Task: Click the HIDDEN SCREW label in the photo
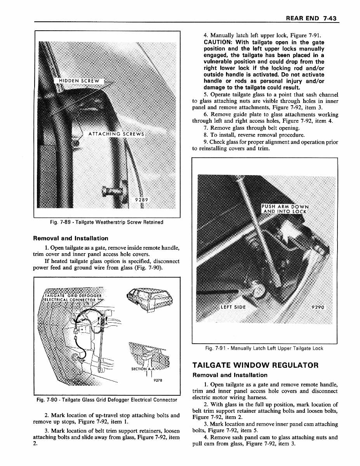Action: point(79,81)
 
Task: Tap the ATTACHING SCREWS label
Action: point(116,134)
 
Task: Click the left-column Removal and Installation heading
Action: point(71,238)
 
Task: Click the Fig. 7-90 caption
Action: point(106,400)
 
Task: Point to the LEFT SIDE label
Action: point(233,307)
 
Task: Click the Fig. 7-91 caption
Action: point(264,348)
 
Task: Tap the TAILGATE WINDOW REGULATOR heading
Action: point(256,365)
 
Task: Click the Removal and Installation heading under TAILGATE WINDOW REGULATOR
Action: point(230,375)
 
